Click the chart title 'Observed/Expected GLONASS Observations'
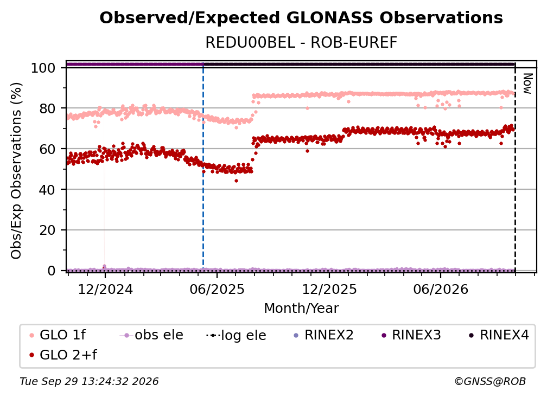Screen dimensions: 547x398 tap(301, 18)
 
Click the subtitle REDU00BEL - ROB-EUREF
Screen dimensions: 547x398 tap(301, 43)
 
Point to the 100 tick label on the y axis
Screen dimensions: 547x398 tap(43, 68)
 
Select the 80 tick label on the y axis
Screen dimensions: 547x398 tap(47, 108)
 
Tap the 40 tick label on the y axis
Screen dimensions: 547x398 tap(47, 190)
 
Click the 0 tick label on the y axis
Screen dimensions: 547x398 tap(52, 271)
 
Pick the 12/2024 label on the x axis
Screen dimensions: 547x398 tap(105, 290)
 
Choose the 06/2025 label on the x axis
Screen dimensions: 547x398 tap(217, 290)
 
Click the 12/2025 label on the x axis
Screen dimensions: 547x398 tap(329, 290)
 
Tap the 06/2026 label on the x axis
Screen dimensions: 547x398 tap(441, 290)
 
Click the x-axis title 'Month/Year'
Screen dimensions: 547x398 tap(301, 309)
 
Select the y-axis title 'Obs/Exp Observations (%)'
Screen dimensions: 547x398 tap(16, 171)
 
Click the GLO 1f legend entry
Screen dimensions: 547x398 tap(58, 335)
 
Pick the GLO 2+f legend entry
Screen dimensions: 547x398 tap(63, 355)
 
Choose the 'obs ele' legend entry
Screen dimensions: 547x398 tap(151, 335)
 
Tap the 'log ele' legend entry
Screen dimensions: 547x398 tap(236, 336)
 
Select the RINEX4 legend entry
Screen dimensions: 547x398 tap(499, 335)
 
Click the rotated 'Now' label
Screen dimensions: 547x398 tap(528, 84)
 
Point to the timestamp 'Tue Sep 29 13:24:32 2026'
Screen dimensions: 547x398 tap(89, 382)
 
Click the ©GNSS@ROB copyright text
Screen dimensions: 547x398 tap(490, 382)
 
